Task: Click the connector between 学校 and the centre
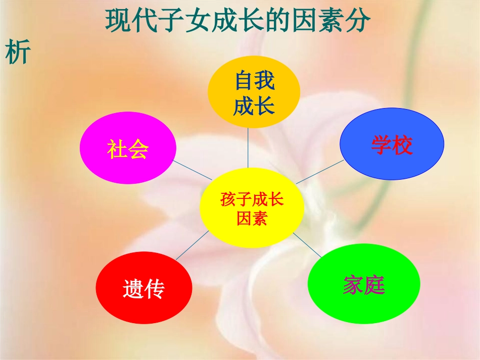319,172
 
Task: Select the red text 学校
392,145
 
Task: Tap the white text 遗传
144,289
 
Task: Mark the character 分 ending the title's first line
359,22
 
